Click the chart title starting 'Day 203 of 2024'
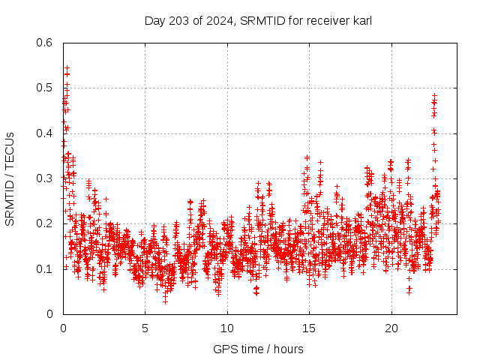[x=258, y=20]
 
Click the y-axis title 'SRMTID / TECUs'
[x=10, y=178]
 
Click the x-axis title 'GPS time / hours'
[x=258, y=349]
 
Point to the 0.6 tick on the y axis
[x=46, y=43]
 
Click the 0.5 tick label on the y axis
[x=46, y=88]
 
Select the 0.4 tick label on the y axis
[x=46, y=133]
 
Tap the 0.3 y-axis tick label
[x=46, y=178]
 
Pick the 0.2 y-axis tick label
[x=46, y=223]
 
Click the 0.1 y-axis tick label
[x=46, y=268]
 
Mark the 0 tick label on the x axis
[x=63, y=328]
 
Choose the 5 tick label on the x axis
[x=145, y=328]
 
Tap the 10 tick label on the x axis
[x=226, y=328]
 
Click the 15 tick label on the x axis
[x=308, y=328]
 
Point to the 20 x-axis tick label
[x=391, y=328]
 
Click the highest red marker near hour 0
[x=67, y=67]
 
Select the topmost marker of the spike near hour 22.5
[x=434, y=96]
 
